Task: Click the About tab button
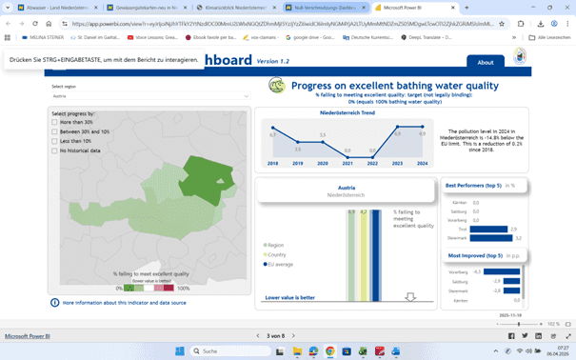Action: tap(486, 62)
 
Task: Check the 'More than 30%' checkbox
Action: tap(55, 123)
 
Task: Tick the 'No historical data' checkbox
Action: tap(55, 150)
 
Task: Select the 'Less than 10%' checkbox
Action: tap(55, 141)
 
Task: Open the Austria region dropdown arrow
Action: tap(246, 96)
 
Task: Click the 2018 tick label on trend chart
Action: tap(273, 164)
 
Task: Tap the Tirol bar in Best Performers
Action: tap(488, 229)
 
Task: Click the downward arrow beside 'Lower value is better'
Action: tap(410, 297)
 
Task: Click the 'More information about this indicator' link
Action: tap(124, 302)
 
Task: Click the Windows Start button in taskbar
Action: tap(179, 351)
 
